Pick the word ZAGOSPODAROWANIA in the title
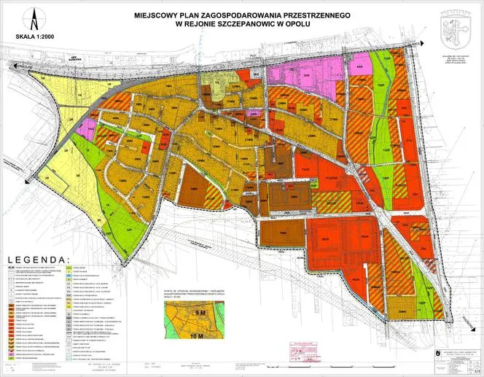point(225,15)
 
